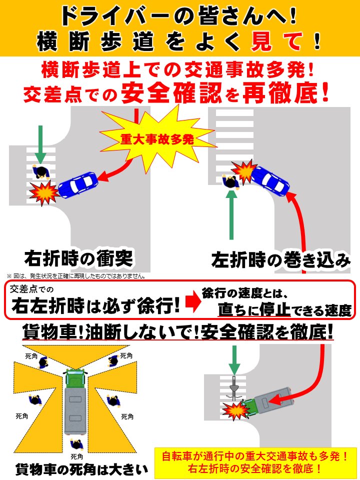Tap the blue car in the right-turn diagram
click(x=77, y=184)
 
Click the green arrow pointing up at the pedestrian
click(x=231, y=215)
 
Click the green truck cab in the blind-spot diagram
click(x=75, y=378)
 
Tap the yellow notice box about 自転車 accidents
click(x=255, y=462)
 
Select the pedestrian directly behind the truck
click(x=76, y=444)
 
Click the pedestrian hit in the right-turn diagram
click(x=40, y=171)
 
